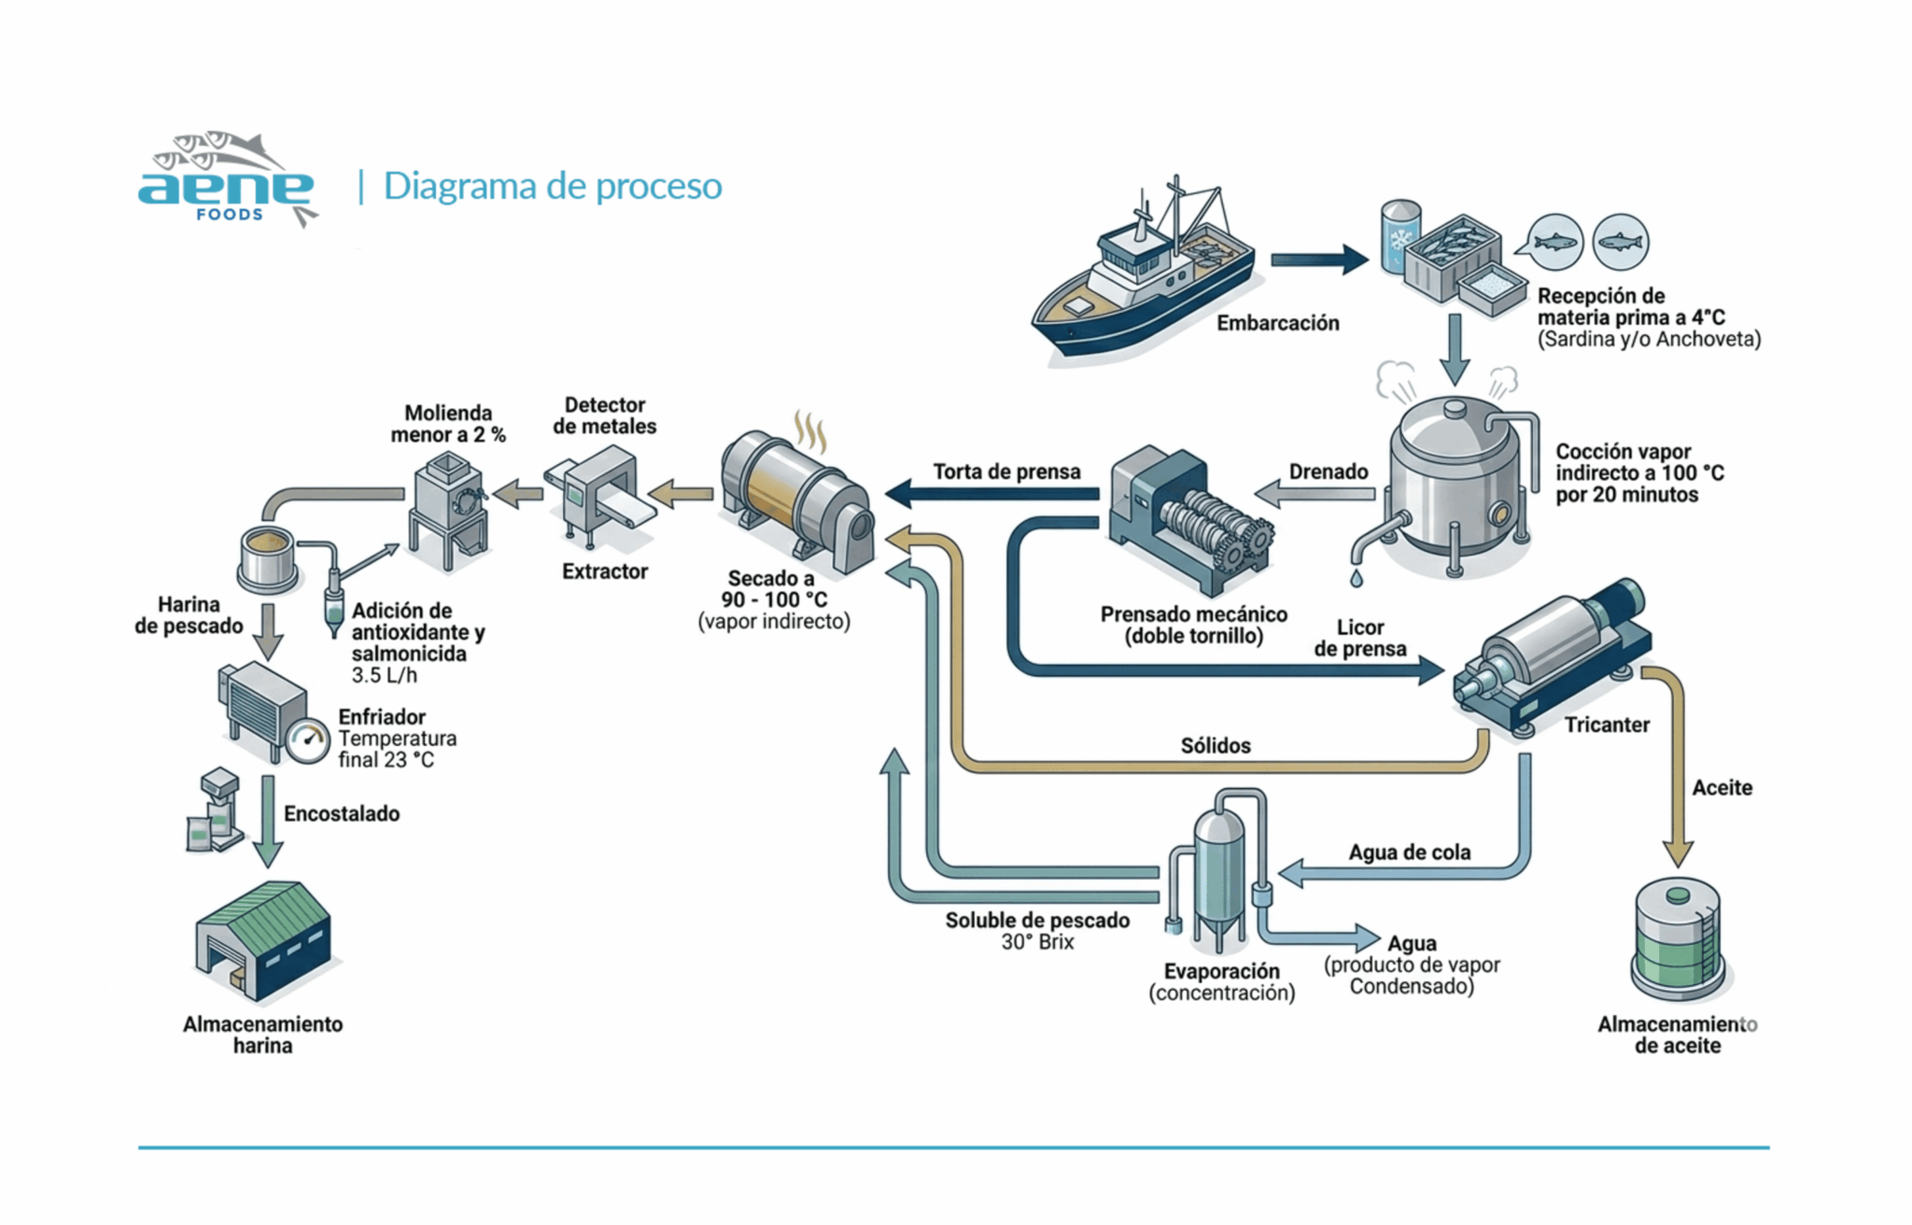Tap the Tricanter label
coord(1607,725)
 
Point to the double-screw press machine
coord(1188,519)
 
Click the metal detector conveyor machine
coord(597,495)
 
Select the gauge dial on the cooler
coord(308,741)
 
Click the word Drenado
coord(1328,472)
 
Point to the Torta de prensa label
coord(1006,472)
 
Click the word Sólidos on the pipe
coord(1216,745)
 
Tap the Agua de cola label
coord(1409,852)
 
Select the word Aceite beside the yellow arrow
coord(1722,787)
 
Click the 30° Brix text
coord(1037,942)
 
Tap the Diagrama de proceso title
coord(553,186)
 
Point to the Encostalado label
coord(342,813)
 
